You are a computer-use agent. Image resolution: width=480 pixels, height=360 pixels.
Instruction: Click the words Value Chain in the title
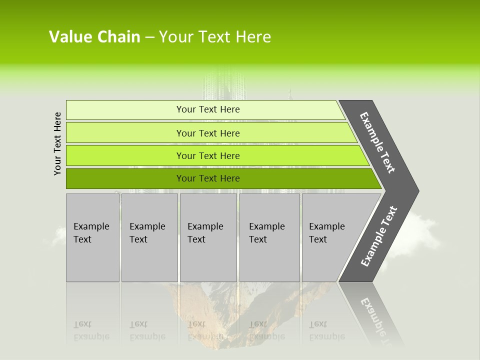[94, 37]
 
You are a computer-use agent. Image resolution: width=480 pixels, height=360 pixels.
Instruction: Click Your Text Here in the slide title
[215, 37]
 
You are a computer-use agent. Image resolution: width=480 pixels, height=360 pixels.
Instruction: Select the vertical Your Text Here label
[57, 144]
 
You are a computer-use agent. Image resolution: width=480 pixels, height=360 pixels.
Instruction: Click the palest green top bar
[205, 109]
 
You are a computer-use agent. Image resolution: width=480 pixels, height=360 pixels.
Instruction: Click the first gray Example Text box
[92, 237]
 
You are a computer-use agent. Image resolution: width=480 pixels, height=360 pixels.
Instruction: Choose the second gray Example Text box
[149, 237]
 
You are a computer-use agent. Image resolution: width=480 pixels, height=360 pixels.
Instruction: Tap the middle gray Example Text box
[207, 237]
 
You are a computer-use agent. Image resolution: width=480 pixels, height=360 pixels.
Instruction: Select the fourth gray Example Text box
[269, 237]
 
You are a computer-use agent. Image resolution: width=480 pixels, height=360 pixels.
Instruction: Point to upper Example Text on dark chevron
[377, 142]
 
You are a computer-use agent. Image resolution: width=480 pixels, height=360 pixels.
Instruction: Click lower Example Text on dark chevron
[378, 236]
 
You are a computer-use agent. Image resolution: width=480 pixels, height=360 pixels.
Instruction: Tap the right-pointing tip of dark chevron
[415, 190]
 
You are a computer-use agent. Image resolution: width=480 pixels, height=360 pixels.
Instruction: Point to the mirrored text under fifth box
[326, 330]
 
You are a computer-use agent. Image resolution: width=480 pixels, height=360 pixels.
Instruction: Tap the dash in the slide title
[149, 37]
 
